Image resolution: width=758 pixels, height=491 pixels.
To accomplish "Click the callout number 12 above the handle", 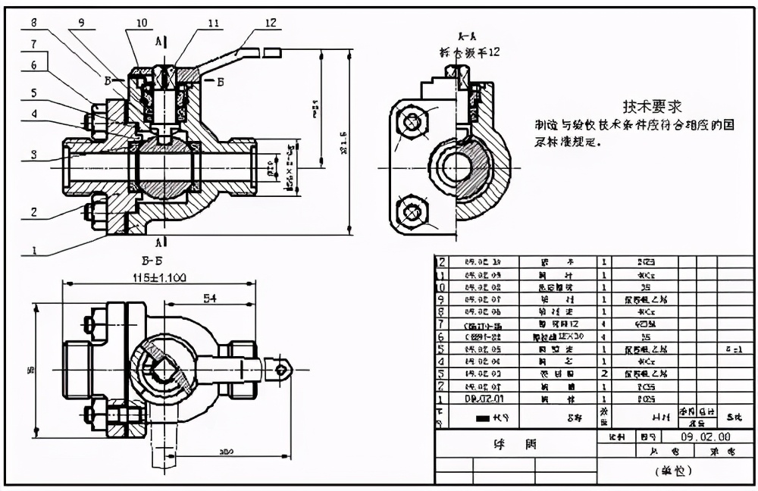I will pyautogui.click(x=271, y=23).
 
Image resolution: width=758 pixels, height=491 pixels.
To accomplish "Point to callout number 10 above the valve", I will pyautogui.click(x=141, y=23).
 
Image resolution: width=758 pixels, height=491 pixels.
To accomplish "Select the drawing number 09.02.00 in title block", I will pyautogui.click(x=705, y=437).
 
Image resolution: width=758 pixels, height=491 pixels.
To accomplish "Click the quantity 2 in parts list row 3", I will pyautogui.click(x=604, y=374).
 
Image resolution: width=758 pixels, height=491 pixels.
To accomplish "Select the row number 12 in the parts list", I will pyautogui.click(x=440, y=261).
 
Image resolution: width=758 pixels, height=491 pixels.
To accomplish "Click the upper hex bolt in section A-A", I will pyautogui.click(x=412, y=121).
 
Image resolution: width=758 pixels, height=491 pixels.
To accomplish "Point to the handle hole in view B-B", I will pyautogui.click(x=282, y=369).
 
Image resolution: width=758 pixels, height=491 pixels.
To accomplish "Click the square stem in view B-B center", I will pyautogui.click(x=161, y=369).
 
